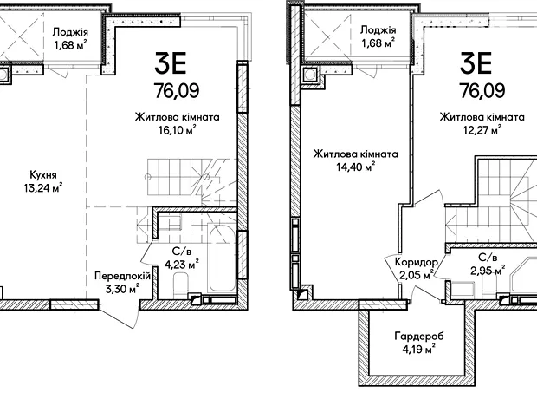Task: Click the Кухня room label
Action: point(43,175)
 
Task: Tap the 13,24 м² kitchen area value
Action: point(43,188)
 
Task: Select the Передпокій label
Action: point(122,276)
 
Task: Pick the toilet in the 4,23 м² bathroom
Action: point(181,285)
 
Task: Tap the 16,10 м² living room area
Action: point(177,130)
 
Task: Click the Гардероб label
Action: point(419,336)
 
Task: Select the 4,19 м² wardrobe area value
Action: point(419,350)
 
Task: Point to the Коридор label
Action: point(417,262)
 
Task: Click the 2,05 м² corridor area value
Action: point(417,274)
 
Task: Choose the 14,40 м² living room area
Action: point(356,167)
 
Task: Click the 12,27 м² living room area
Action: point(482,131)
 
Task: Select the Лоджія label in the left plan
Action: point(70,32)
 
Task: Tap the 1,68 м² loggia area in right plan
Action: point(378,43)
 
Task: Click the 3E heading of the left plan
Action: point(171,63)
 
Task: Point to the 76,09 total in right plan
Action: point(482,91)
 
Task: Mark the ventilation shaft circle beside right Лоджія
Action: point(311,74)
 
